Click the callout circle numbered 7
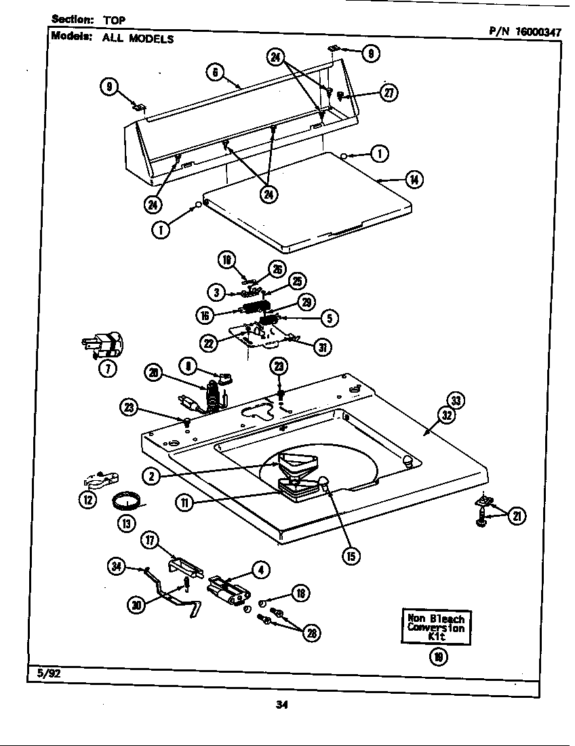click(x=108, y=368)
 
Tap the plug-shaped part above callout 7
click(x=101, y=344)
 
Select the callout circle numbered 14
click(x=413, y=180)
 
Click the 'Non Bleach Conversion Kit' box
click(x=437, y=627)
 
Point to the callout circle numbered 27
click(x=388, y=94)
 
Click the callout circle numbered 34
click(x=117, y=566)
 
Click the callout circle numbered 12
click(x=87, y=500)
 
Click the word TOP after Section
click(x=114, y=20)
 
